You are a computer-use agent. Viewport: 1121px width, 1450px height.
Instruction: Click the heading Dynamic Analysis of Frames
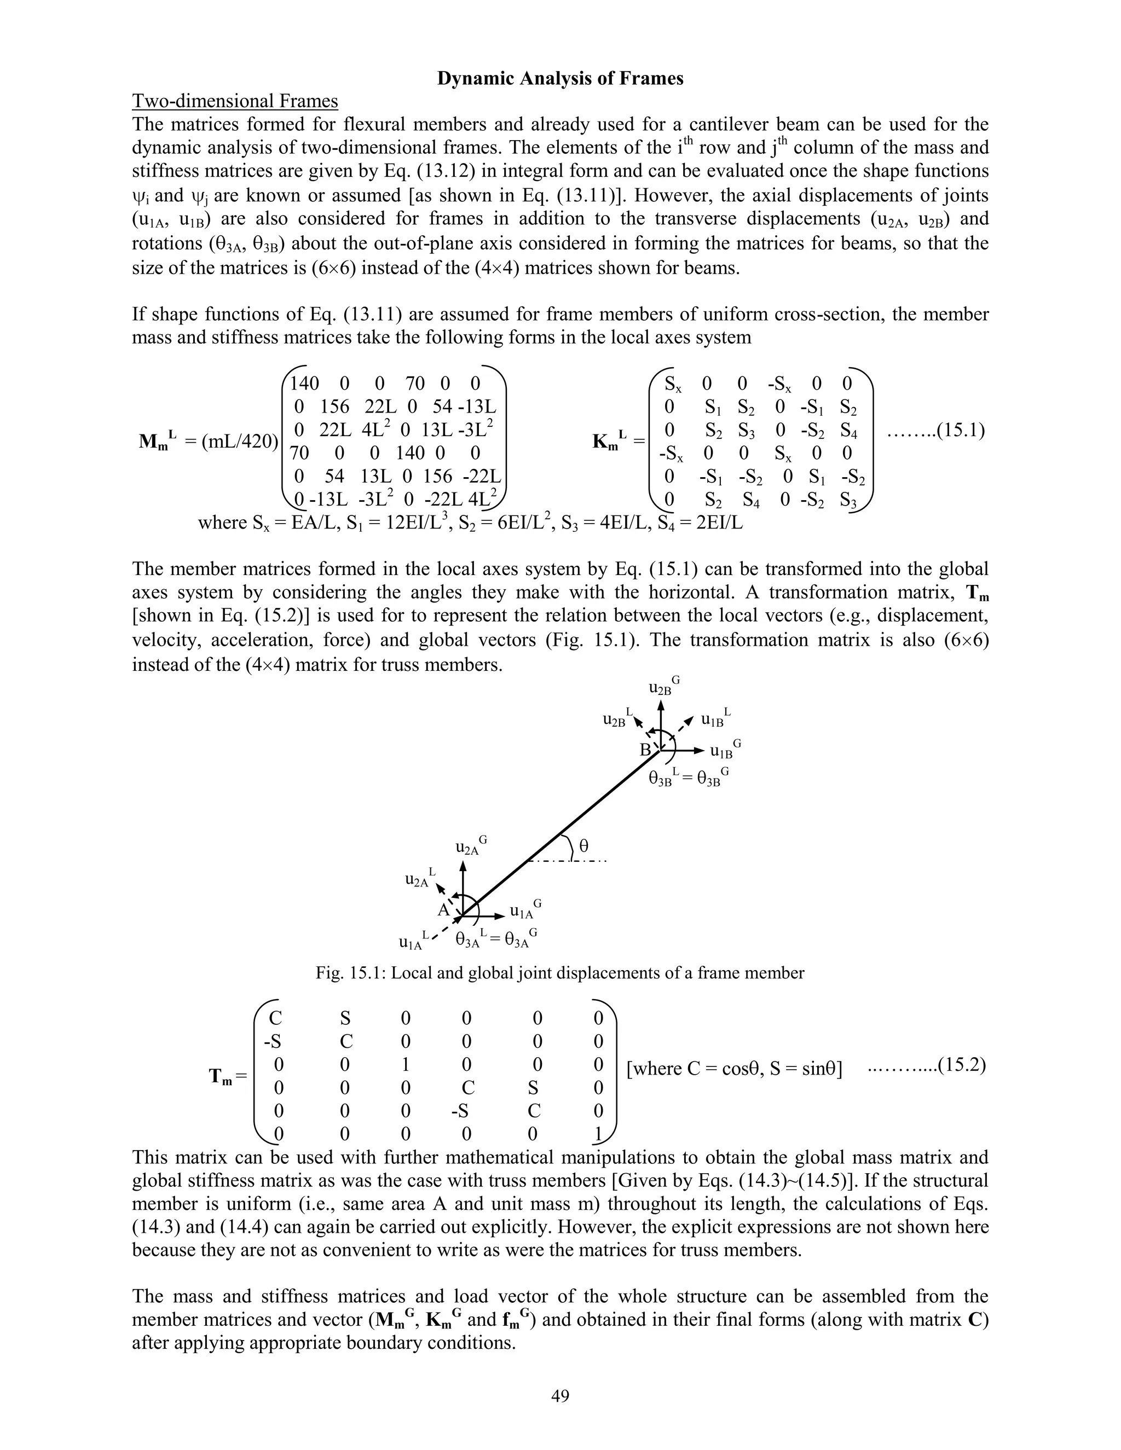point(560,78)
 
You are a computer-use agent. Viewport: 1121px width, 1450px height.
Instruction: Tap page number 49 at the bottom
point(560,1396)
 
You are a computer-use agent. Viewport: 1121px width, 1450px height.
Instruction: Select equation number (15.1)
point(935,431)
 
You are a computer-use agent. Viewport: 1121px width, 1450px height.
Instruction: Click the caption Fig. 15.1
point(560,973)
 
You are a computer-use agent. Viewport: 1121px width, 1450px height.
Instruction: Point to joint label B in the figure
point(645,750)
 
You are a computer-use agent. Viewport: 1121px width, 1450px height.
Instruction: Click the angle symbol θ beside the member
point(583,846)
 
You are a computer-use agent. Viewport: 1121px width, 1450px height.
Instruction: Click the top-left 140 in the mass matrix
point(305,384)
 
